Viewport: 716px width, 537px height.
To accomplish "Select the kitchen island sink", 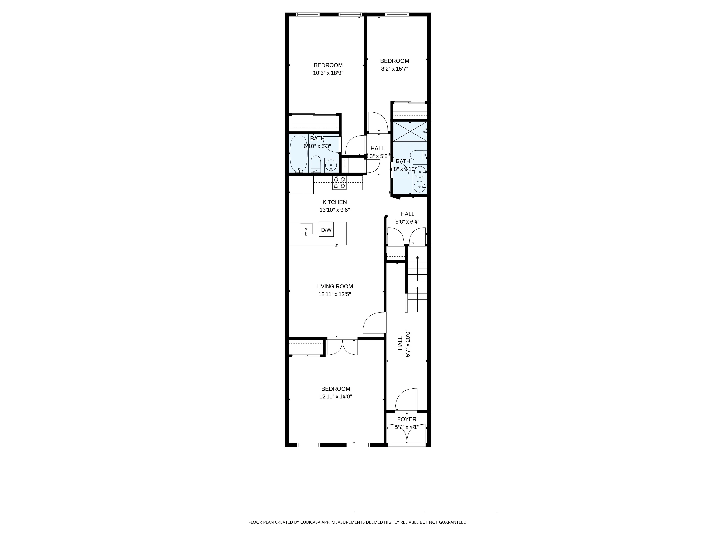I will click(x=306, y=229).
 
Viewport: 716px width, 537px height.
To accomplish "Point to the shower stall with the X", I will click(x=410, y=131).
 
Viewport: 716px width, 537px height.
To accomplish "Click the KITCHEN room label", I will click(x=334, y=202).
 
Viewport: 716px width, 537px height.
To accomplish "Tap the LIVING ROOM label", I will click(x=334, y=286).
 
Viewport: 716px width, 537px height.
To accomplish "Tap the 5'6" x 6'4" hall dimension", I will click(x=407, y=222).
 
